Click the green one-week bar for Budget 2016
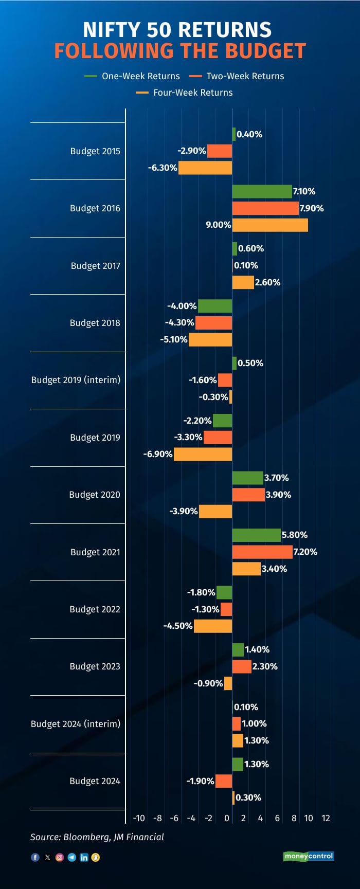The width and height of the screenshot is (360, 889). tap(262, 191)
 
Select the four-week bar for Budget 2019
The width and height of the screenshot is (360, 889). tap(203, 454)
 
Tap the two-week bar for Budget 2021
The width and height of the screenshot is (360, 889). tap(262, 552)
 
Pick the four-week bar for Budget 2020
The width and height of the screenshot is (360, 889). tap(215, 511)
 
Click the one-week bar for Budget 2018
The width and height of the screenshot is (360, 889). tap(215, 306)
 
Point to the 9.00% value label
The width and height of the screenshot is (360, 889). tap(219, 225)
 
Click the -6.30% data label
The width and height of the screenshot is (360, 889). tap(163, 168)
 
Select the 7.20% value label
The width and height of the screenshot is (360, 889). tap(305, 552)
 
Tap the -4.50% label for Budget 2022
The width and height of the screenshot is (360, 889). tap(178, 626)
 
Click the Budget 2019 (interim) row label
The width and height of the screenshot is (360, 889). tap(76, 380)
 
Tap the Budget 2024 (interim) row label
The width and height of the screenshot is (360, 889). tap(76, 723)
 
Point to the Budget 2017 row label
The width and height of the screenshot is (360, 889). tap(96, 266)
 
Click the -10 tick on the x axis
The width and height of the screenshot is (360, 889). tap(139, 818)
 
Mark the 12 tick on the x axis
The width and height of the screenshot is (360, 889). tap(326, 818)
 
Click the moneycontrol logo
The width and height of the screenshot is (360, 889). tap(309, 856)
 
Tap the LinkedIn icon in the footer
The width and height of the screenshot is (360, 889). tap(84, 857)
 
